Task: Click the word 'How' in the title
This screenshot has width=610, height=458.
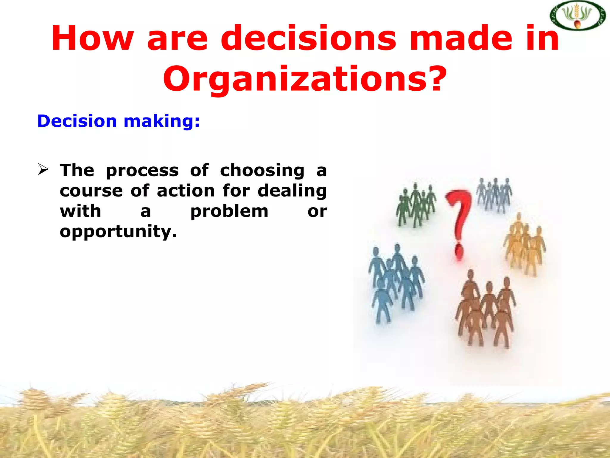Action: tap(92, 39)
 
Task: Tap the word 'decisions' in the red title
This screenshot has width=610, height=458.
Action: tap(308, 39)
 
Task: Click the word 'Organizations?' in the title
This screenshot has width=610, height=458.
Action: tap(305, 79)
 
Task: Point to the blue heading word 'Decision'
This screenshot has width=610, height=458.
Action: tap(77, 121)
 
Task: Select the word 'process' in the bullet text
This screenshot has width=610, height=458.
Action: tap(142, 171)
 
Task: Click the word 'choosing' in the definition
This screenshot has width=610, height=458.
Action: tap(262, 171)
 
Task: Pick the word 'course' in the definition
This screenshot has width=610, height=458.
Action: tap(91, 191)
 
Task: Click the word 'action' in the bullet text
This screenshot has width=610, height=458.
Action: tap(186, 191)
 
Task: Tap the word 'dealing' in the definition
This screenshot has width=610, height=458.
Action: tap(292, 191)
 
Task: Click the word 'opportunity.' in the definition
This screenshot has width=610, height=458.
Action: tap(118, 232)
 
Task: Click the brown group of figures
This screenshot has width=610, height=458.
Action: tap(485, 310)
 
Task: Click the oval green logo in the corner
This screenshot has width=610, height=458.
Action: tap(577, 16)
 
